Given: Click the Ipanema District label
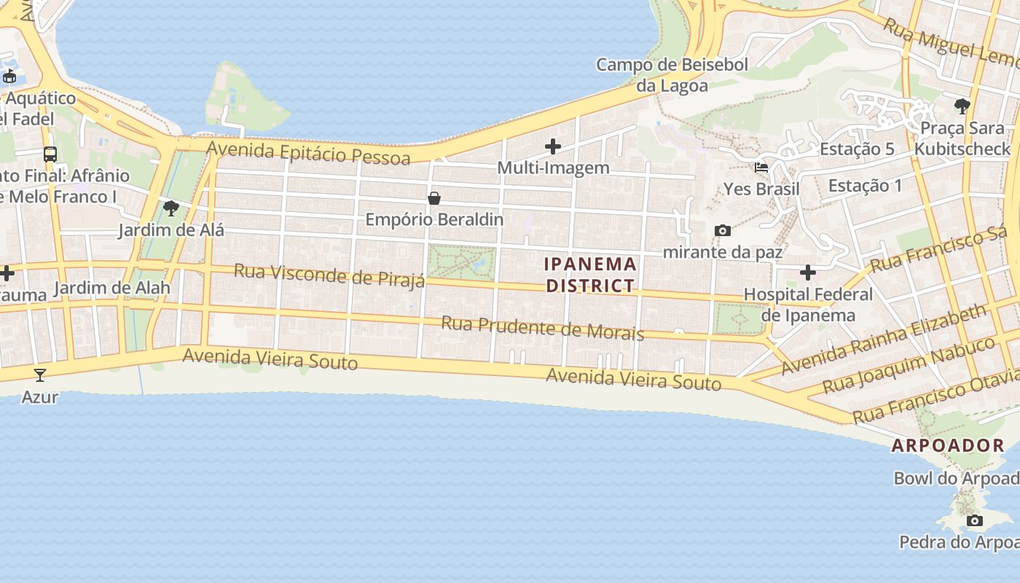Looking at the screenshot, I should [591, 275].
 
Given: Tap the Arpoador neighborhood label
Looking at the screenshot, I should [948, 445].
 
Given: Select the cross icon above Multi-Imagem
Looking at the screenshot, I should [553, 146].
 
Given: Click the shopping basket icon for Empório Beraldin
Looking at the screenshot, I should [434, 198].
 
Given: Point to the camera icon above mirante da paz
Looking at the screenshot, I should [723, 230].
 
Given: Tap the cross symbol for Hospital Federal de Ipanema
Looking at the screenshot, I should [808, 273].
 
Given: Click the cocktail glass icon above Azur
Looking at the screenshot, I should [40, 375].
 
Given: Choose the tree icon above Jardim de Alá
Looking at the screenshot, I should [171, 209].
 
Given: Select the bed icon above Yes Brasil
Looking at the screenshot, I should [761, 167].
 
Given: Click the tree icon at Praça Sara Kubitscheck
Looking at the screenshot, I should [962, 106].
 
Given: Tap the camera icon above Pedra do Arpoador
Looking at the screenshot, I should [975, 520].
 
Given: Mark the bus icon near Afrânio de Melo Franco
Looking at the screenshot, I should [50, 154].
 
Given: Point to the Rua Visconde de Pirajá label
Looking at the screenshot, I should [329, 276].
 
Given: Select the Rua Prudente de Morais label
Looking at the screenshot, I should [543, 329].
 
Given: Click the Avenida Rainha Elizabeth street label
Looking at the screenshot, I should [883, 340].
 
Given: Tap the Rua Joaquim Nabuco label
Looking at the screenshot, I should [909, 364].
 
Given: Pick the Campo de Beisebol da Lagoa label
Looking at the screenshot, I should [672, 75].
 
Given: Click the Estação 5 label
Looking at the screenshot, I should [857, 149].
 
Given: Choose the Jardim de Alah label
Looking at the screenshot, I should [112, 288].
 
